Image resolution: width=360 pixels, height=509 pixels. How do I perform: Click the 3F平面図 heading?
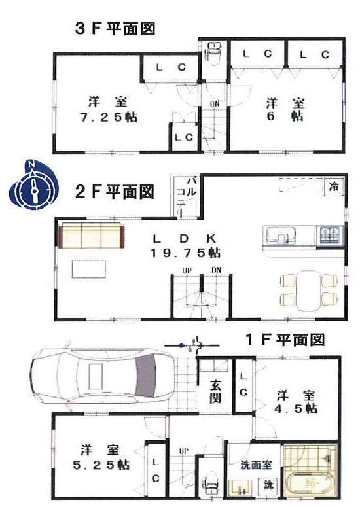(115, 29)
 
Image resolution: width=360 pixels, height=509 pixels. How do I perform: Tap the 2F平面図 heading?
(115, 192)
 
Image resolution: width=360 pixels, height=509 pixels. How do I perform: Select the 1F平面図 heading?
(285, 340)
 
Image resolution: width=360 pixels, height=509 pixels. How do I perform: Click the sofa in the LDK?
(91, 235)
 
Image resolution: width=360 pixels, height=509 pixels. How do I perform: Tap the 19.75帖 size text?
(187, 253)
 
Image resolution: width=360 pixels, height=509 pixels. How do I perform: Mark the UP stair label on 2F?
(185, 270)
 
